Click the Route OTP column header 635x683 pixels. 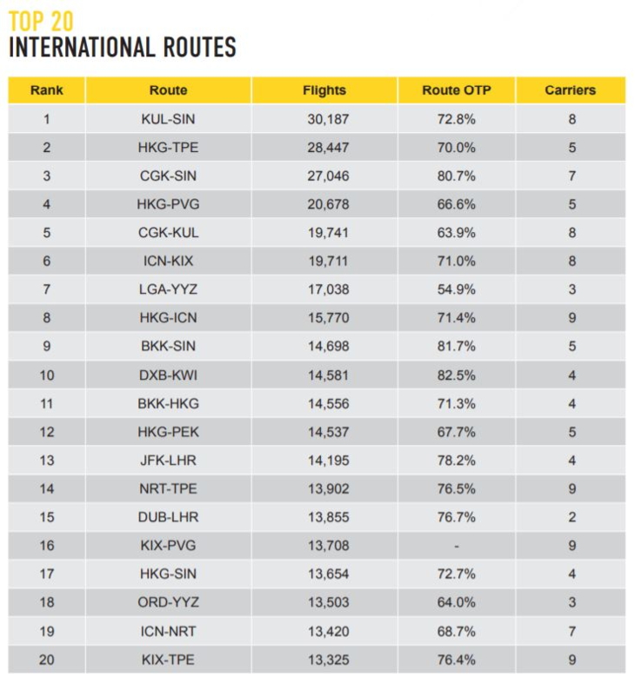(456, 90)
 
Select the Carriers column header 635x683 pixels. (571, 90)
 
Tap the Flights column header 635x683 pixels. (324, 90)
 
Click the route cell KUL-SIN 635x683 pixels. (168, 119)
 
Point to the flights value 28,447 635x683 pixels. (327, 148)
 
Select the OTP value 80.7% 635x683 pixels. (456, 176)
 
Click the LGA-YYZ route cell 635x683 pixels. (168, 289)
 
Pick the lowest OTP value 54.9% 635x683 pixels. (456, 289)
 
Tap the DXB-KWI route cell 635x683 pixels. (168, 375)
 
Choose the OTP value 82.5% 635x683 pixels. (456, 375)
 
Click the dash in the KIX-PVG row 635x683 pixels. (456, 546)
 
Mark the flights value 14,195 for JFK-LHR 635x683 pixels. (327, 460)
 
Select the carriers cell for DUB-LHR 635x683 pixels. (571, 517)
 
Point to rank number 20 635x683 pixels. (46, 660)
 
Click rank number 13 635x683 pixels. (46, 460)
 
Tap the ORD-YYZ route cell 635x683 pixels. (168, 602)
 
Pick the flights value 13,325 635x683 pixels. (327, 660)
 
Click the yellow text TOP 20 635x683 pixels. (41, 20)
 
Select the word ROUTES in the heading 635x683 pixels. (188, 47)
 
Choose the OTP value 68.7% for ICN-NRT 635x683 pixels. (456, 631)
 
